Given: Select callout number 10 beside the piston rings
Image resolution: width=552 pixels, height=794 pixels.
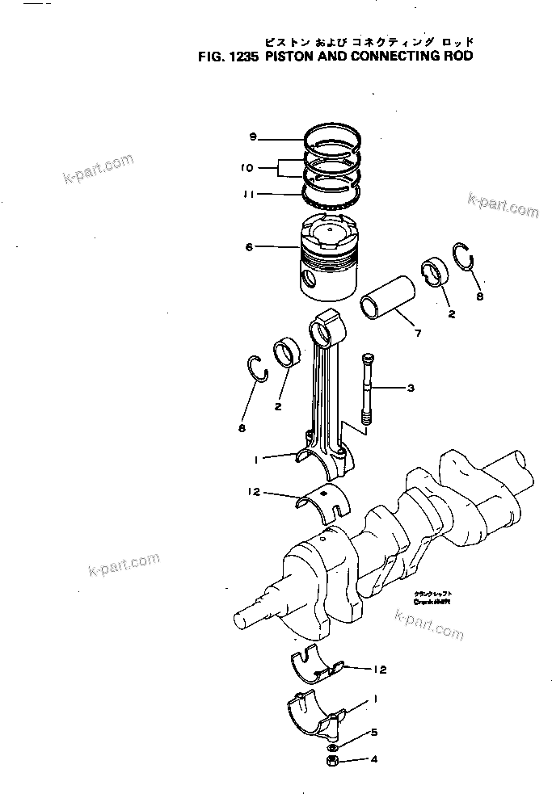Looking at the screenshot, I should [247, 168].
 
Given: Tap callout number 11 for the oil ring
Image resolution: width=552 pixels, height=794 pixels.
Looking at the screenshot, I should [249, 194].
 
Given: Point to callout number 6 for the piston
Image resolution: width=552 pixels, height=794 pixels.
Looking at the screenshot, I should [249, 246].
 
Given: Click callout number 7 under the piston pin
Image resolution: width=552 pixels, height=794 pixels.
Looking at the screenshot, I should [417, 333].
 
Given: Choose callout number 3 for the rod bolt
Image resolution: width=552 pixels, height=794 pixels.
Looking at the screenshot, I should [411, 389].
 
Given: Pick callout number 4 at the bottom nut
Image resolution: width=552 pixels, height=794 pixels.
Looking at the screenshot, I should [373, 759].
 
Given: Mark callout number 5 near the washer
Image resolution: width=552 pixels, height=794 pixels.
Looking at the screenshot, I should [373, 733].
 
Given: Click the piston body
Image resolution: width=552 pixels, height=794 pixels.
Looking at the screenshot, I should [330, 258].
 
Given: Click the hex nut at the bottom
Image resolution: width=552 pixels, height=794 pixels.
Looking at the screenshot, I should [332, 760].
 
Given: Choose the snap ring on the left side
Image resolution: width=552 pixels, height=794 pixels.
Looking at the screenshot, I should [257, 368].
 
